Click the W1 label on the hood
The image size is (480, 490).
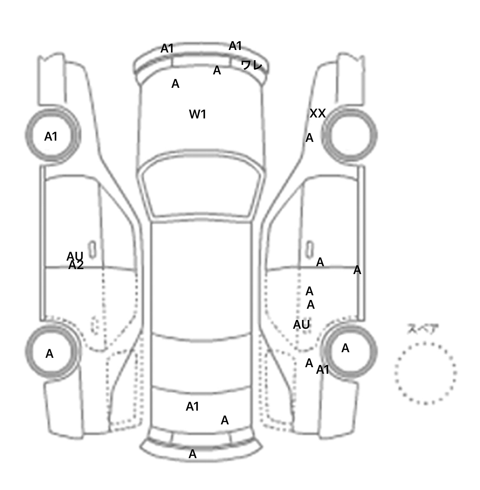tap(197, 114)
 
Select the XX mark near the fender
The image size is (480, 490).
tap(317, 113)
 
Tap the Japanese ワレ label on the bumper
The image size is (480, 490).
tap(252, 65)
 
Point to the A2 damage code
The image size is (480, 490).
tap(76, 265)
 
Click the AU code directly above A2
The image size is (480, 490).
tap(75, 256)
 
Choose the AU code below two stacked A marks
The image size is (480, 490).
tap(301, 325)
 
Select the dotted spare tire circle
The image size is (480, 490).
tap(425, 373)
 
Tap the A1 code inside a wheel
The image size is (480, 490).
tap(51, 137)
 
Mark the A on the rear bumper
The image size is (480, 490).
tap(192, 454)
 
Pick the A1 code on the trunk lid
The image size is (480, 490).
tap(192, 407)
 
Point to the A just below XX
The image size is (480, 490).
tap(309, 138)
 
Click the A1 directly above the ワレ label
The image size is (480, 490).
tap(235, 46)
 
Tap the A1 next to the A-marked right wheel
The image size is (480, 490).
tap(322, 370)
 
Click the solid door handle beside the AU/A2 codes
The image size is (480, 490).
tap(92, 249)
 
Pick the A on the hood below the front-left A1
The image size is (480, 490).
tap(175, 84)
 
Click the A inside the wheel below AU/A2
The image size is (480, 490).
tap(49, 354)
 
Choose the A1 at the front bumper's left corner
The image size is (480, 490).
tap(167, 49)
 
